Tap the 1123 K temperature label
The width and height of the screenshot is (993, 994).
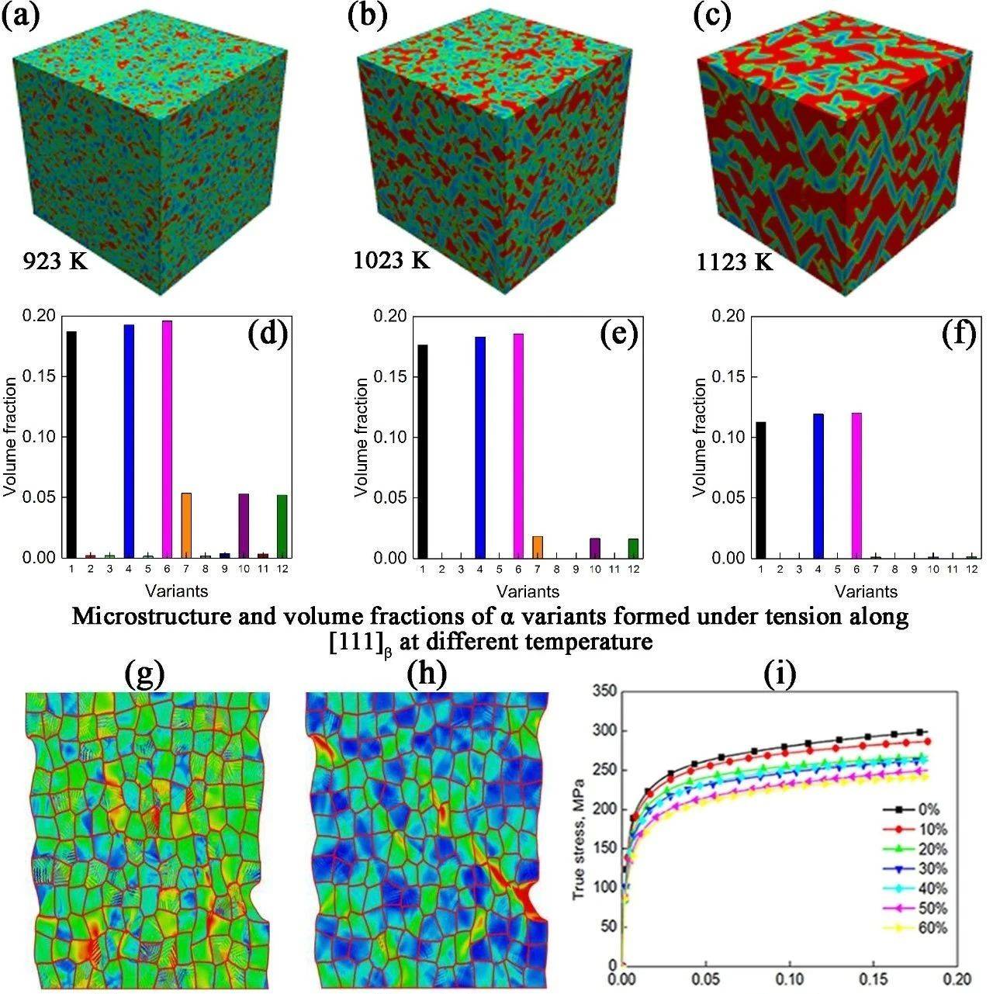tap(734, 261)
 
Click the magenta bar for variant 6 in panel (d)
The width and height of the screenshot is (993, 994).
tap(167, 438)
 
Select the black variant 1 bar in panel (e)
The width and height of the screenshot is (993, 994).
tap(423, 451)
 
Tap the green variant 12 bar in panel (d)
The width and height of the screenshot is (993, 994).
tap(281, 527)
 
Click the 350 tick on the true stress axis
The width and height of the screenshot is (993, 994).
tap(602, 691)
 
